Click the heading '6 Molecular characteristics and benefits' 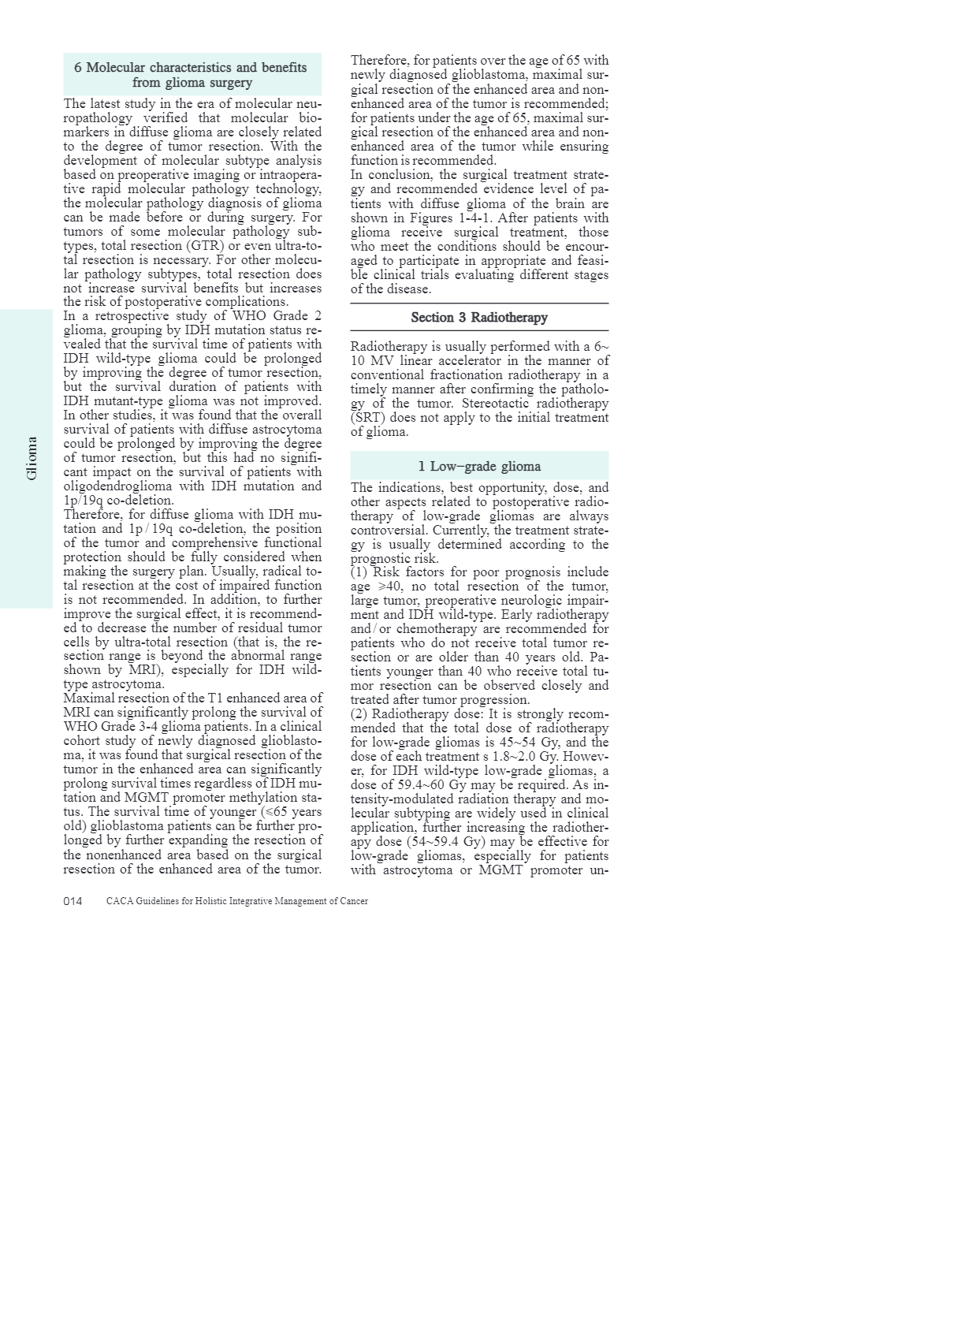pyautogui.click(x=191, y=68)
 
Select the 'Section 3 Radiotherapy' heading pyautogui.click(x=479, y=318)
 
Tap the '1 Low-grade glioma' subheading pyautogui.click(x=479, y=466)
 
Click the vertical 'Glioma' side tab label pyautogui.click(x=32, y=459)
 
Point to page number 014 pyautogui.click(x=73, y=901)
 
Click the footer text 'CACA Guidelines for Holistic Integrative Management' pyautogui.click(x=236, y=901)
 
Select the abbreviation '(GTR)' pyautogui.click(x=205, y=246)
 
